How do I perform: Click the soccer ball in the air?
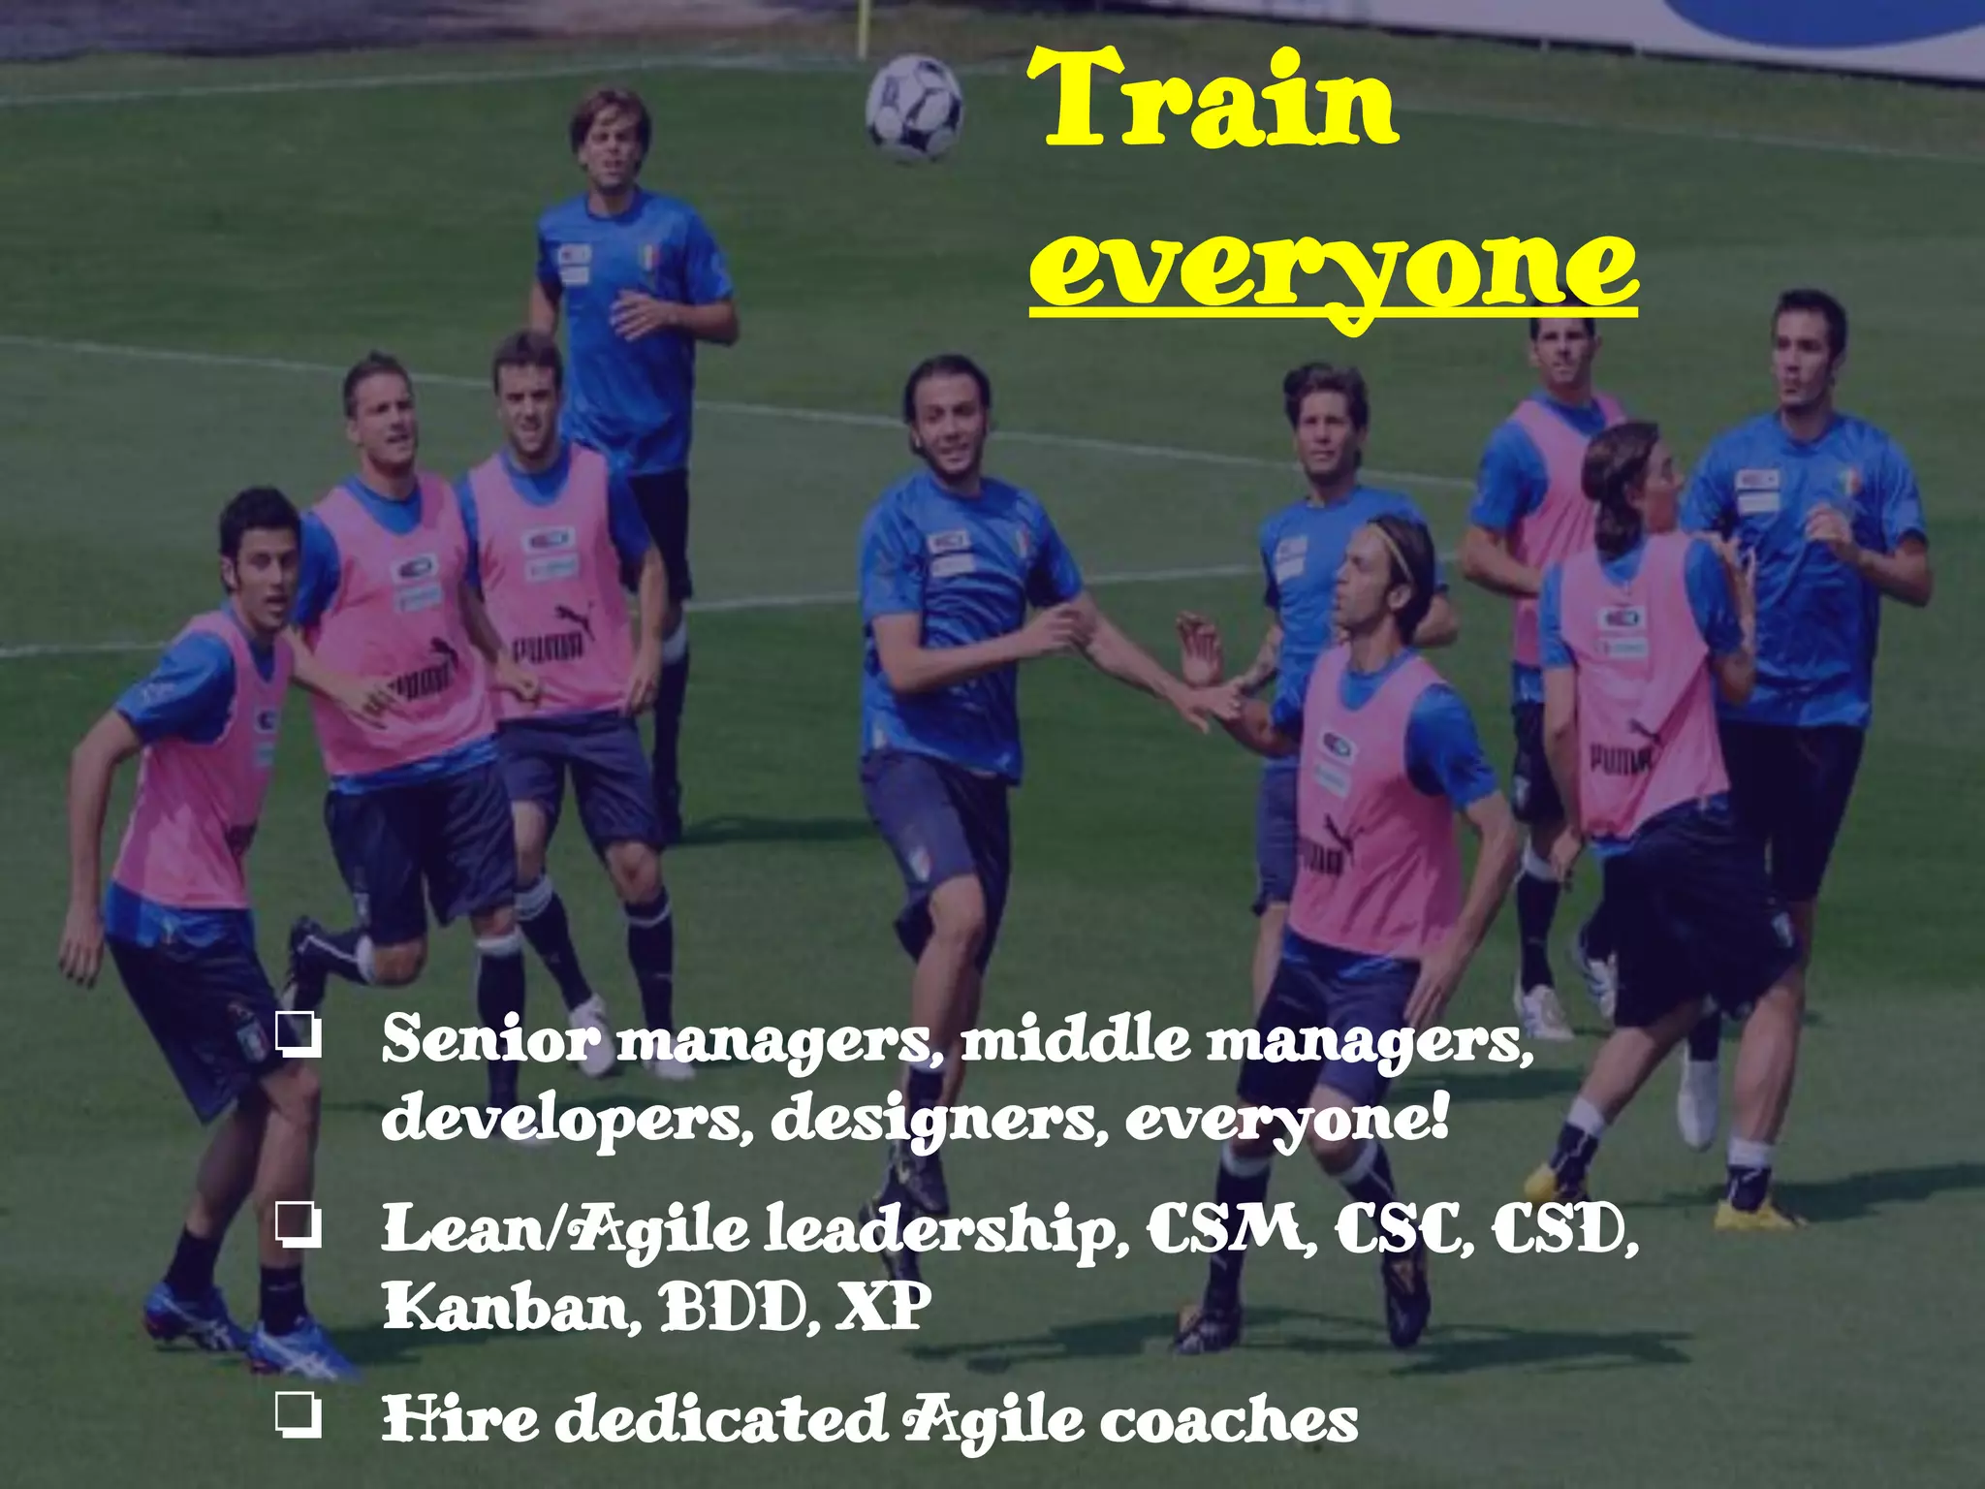914,108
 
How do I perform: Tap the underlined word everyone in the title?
1333,267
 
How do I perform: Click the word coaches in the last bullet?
1228,1421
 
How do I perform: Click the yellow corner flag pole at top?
860,29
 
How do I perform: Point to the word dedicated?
727,1419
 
